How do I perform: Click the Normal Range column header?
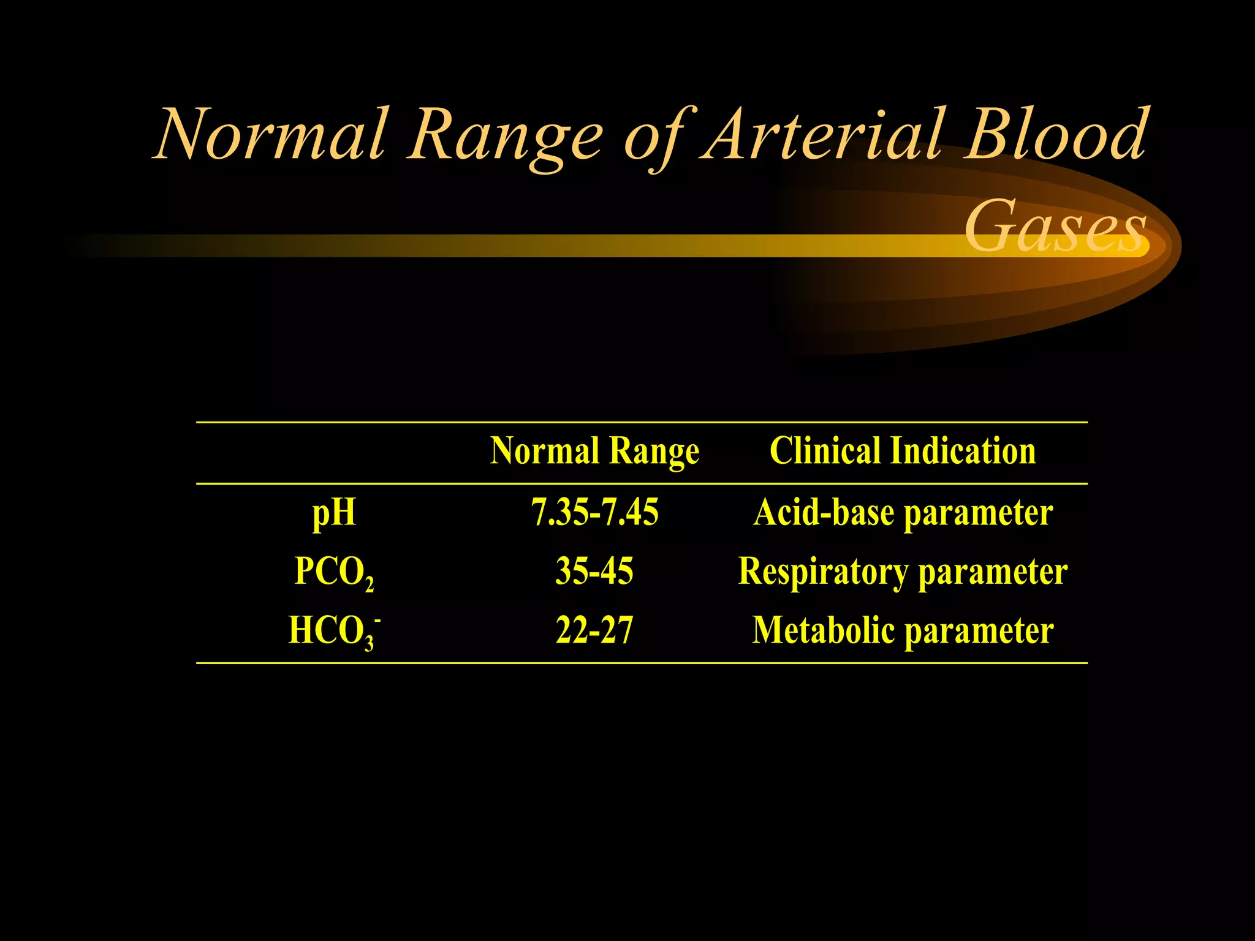tap(594, 452)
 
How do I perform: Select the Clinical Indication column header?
tap(903, 452)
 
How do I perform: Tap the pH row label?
tap(334, 513)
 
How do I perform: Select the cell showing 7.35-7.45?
tap(594, 512)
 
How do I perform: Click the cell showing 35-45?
tap(594, 572)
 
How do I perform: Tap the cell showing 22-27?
tap(594, 630)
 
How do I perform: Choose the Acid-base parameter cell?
tap(903, 513)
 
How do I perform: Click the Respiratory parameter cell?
tap(903, 572)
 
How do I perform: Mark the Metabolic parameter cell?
tap(903, 631)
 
